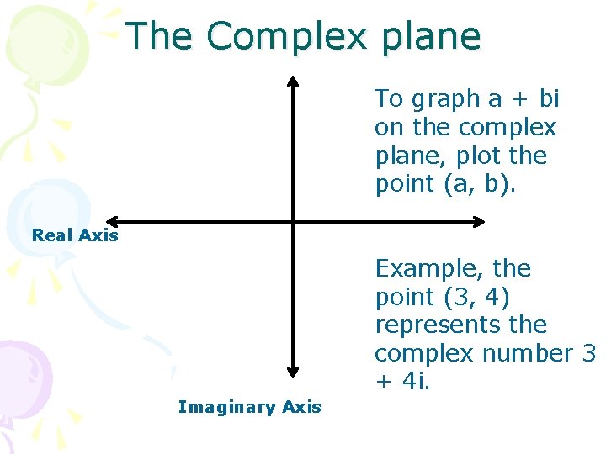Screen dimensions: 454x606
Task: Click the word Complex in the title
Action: [x=286, y=37]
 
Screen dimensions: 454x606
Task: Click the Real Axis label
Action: [x=75, y=235]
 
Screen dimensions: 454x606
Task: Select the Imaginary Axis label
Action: [x=250, y=407]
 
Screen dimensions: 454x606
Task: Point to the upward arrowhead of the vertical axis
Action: [x=293, y=82]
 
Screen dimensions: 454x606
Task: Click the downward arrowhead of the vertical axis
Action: [x=293, y=371]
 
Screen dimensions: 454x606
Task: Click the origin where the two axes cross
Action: [x=293, y=222]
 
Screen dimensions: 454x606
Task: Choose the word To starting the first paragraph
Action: [x=389, y=99]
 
